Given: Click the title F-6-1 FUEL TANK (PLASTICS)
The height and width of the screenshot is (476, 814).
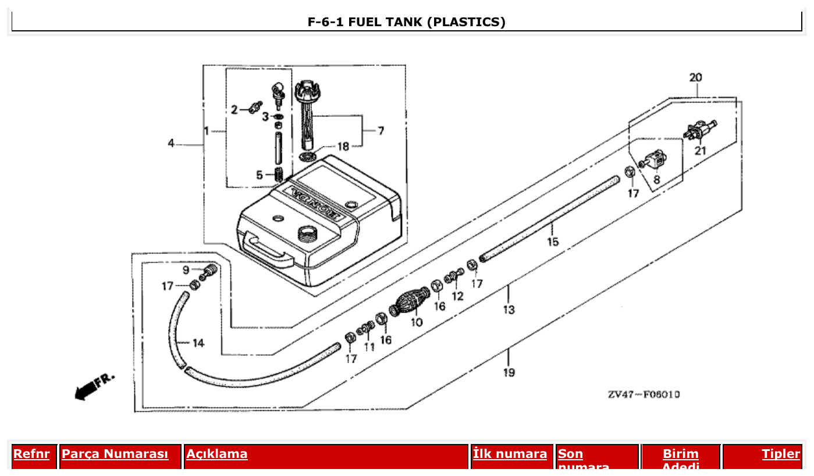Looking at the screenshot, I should pyautogui.click(x=406, y=22).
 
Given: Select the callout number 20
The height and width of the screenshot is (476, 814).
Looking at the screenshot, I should pyautogui.click(x=695, y=77).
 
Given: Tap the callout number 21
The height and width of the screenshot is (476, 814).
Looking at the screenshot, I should pyautogui.click(x=700, y=151).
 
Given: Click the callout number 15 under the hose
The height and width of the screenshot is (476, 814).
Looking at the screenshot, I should pyautogui.click(x=552, y=241).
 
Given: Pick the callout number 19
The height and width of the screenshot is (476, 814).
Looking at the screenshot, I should pyautogui.click(x=509, y=372).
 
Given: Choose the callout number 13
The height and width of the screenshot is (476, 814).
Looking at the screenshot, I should pyautogui.click(x=509, y=310).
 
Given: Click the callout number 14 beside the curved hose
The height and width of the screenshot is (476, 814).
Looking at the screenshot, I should pyautogui.click(x=198, y=343).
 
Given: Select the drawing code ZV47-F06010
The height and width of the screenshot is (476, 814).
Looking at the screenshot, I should pyautogui.click(x=644, y=395).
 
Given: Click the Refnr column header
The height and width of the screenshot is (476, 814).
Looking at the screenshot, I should pyautogui.click(x=31, y=454).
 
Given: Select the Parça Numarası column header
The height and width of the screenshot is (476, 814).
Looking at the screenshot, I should pyautogui.click(x=115, y=454).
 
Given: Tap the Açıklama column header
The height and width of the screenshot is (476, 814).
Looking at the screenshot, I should pyautogui.click(x=217, y=454).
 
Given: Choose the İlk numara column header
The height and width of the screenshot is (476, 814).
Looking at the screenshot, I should pyautogui.click(x=510, y=454).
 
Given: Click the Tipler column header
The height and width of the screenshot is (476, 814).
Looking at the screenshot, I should pyautogui.click(x=781, y=454).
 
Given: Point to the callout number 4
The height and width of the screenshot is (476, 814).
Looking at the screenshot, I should pyautogui.click(x=171, y=143).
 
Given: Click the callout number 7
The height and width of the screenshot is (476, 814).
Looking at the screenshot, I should pyautogui.click(x=381, y=132).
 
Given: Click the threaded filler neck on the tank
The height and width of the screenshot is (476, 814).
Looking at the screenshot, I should pyautogui.click(x=306, y=234).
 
